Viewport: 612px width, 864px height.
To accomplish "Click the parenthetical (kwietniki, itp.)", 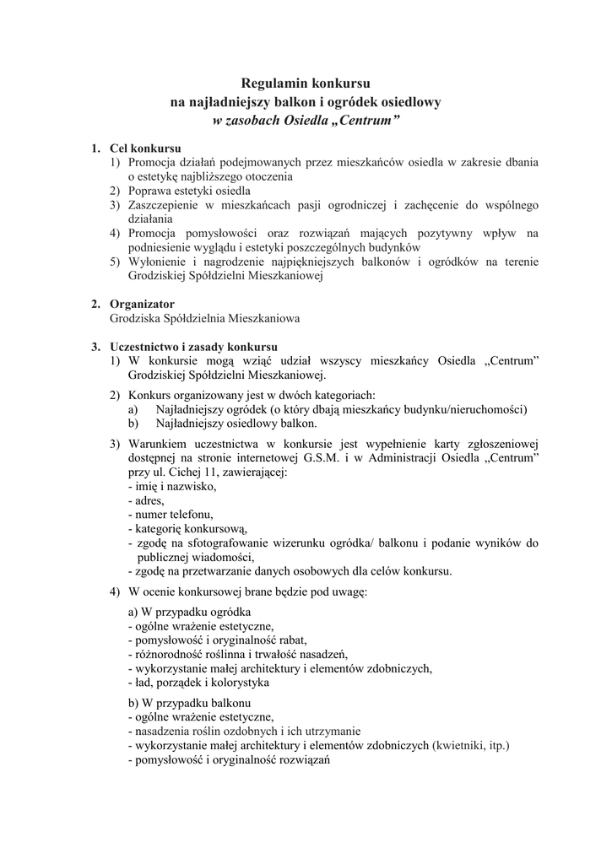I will pyautogui.click(x=470, y=746).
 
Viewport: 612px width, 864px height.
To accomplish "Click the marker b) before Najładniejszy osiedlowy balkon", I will pyautogui.click(x=133, y=424).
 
